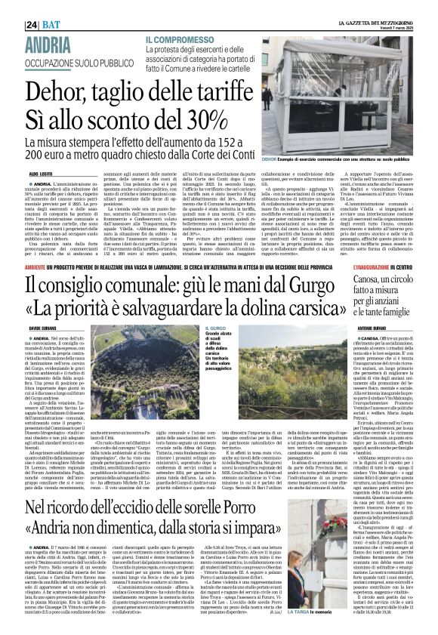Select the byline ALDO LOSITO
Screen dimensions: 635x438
(39, 174)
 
